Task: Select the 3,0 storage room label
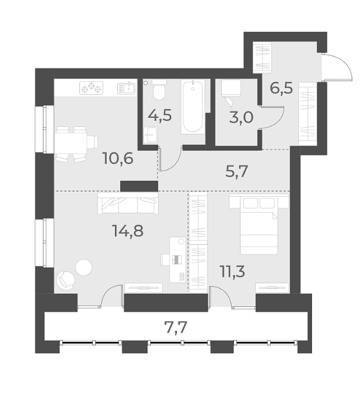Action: tap(241, 116)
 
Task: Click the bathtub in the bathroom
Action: tap(194, 107)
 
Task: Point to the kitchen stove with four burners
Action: tap(92, 89)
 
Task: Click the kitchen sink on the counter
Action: tap(126, 89)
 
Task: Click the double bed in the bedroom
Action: tap(258, 224)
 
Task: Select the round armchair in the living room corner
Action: tap(65, 279)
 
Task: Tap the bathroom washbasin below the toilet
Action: tap(150, 134)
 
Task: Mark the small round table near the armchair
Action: tap(84, 267)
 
